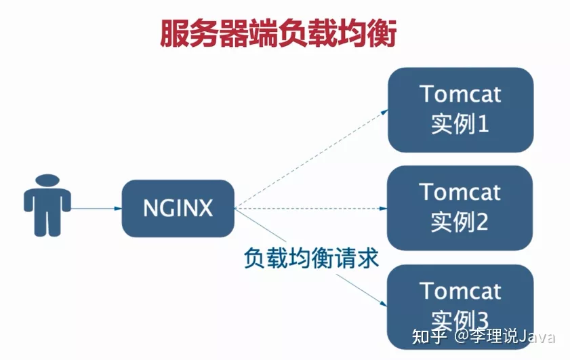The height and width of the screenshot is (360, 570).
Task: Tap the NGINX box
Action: (178, 208)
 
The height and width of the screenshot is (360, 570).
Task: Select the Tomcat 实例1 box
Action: (460, 109)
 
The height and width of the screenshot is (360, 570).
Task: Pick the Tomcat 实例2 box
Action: (460, 207)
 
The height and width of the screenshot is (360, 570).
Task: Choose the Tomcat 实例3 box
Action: (460, 305)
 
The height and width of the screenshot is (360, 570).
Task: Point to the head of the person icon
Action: (47, 182)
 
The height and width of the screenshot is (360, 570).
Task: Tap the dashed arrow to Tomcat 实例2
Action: (312, 208)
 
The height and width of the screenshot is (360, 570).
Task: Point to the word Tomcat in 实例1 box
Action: (460, 94)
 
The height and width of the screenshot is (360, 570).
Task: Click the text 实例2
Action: (460, 222)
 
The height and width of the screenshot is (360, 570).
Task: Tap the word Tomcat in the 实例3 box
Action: (460, 291)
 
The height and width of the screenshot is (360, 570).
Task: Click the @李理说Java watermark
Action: (505, 336)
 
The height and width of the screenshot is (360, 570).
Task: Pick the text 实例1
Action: (460, 125)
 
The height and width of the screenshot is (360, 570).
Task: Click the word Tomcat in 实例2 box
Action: (460, 192)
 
